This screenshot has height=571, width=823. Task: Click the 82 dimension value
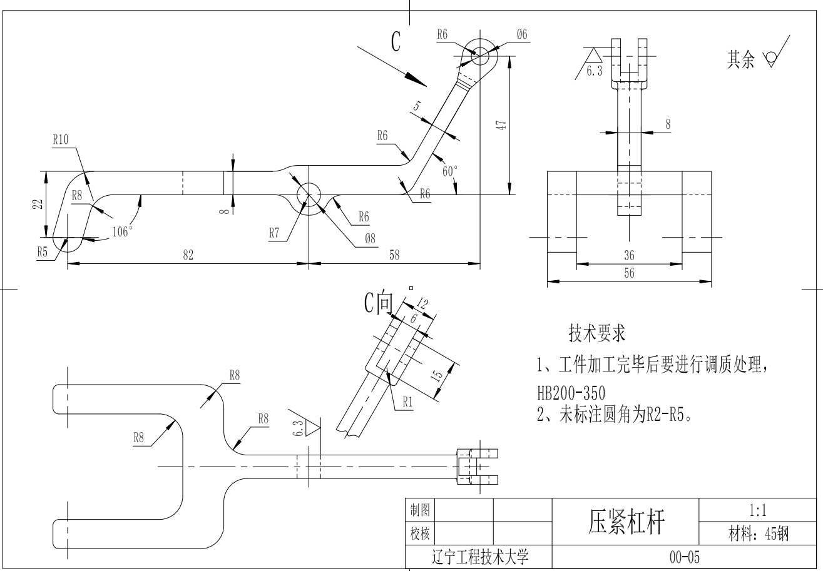(x=188, y=255)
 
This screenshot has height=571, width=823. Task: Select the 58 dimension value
(x=394, y=255)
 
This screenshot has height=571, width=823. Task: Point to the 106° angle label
(x=123, y=232)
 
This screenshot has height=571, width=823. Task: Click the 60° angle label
(x=450, y=171)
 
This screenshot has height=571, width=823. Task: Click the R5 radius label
(x=43, y=251)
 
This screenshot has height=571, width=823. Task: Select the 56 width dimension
(x=629, y=273)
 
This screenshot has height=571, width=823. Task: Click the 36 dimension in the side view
(x=629, y=255)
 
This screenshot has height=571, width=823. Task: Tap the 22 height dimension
(x=38, y=204)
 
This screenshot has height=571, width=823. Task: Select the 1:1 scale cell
(x=759, y=511)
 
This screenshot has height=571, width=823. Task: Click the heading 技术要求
(x=596, y=333)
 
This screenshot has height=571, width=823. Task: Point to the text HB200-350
(x=571, y=393)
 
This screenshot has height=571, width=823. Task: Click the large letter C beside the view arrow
(x=396, y=42)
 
